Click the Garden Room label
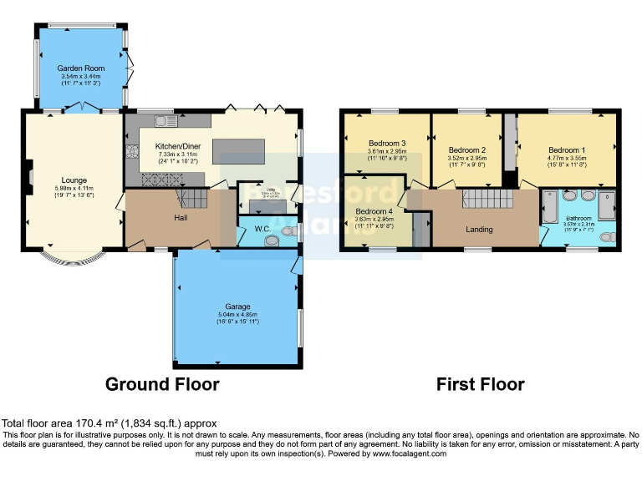click(81, 68)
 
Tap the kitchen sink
click(166, 123)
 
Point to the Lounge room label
click(74, 179)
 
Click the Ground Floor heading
click(162, 384)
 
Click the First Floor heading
click(480, 384)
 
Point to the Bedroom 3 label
click(387, 143)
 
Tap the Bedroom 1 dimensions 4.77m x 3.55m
click(567, 158)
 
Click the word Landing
click(479, 230)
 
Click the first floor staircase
click(480, 199)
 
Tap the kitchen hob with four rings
click(131, 152)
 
